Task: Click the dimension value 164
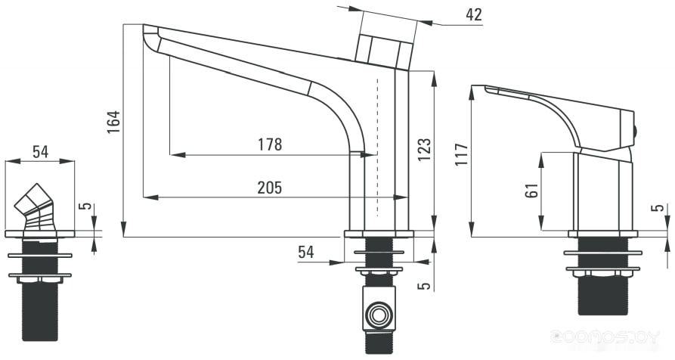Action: [x=113, y=122]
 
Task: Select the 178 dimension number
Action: [x=270, y=144]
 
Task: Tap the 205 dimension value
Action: [x=270, y=188]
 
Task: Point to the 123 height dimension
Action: [x=424, y=150]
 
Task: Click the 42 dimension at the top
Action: [x=474, y=15]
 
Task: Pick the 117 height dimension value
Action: [x=462, y=154]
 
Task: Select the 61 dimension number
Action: [x=532, y=190]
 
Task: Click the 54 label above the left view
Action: [x=41, y=151]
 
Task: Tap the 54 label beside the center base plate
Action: [x=306, y=252]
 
